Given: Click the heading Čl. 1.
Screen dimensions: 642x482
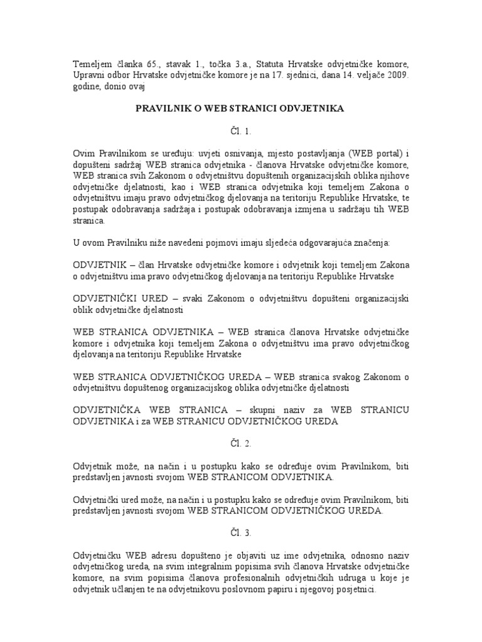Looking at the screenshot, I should click(240, 132).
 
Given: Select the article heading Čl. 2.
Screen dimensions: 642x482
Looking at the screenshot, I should click(240, 444).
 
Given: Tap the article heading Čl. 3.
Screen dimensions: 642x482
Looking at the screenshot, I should click(240, 533).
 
